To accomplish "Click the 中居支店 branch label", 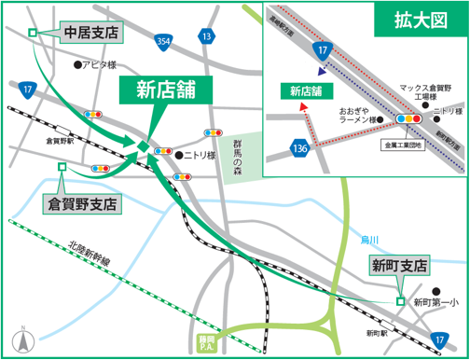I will [92, 33].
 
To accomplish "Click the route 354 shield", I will [164, 42].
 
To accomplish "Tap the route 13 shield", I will [205, 35].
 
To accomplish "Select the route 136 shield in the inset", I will [299, 149].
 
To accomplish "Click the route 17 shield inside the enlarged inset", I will [322, 48].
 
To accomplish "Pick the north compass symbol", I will [20, 339].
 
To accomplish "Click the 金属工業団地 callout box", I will [401, 145].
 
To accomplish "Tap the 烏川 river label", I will [371, 241].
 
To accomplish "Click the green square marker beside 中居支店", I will [33, 33].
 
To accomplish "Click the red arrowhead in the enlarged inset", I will [302, 106].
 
